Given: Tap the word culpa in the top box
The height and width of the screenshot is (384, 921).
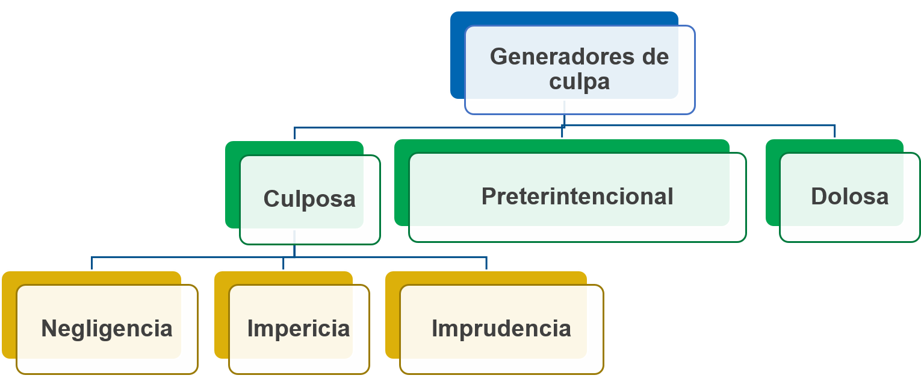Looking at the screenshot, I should (x=579, y=81).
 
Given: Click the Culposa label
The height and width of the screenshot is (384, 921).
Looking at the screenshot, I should (x=309, y=199).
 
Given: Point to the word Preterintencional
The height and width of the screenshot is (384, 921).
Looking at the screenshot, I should (x=577, y=197).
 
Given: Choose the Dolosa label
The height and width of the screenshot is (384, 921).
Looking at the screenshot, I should (x=849, y=197).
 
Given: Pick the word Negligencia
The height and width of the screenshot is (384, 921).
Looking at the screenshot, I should (x=107, y=329).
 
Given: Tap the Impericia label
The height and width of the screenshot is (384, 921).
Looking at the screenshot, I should (x=299, y=329).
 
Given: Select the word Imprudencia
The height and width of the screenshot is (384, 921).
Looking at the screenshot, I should (x=501, y=329).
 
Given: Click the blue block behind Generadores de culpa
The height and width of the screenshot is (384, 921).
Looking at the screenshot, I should (x=457, y=60).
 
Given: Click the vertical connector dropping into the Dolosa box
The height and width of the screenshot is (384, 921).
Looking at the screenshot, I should (x=835, y=132).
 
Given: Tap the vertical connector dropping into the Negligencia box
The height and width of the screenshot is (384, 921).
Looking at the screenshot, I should (x=92, y=263).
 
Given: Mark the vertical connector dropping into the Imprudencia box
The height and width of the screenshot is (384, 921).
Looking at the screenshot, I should (x=486, y=263).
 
